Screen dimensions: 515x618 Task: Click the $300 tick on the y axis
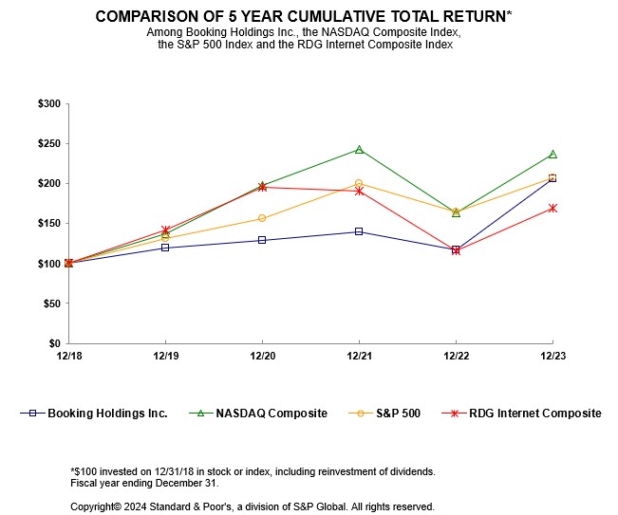[x=47, y=103]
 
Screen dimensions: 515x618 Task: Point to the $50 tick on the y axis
[x=50, y=303]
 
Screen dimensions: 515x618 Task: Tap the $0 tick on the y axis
[x=53, y=343]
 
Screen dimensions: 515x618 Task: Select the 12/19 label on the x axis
[x=165, y=356]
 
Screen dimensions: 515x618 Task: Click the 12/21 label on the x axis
[x=359, y=356]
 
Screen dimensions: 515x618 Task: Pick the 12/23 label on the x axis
[x=552, y=356]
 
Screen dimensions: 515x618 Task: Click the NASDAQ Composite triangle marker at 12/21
[x=359, y=149]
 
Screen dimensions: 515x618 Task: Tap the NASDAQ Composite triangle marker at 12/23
[x=552, y=154]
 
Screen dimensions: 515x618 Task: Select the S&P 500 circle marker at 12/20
[x=262, y=218]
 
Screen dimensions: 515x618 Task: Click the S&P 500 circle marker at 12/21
[x=359, y=183]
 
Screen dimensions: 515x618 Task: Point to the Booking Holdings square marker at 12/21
[x=359, y=231]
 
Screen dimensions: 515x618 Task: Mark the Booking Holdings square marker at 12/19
[x=165, y=248]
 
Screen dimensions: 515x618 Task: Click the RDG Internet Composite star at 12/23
[x=552, y=208]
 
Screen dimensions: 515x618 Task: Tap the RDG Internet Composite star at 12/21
[x=359, y=191]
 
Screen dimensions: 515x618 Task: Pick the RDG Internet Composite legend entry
[x=537, y=414]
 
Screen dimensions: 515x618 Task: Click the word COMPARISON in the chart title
[x=154, y=17]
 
